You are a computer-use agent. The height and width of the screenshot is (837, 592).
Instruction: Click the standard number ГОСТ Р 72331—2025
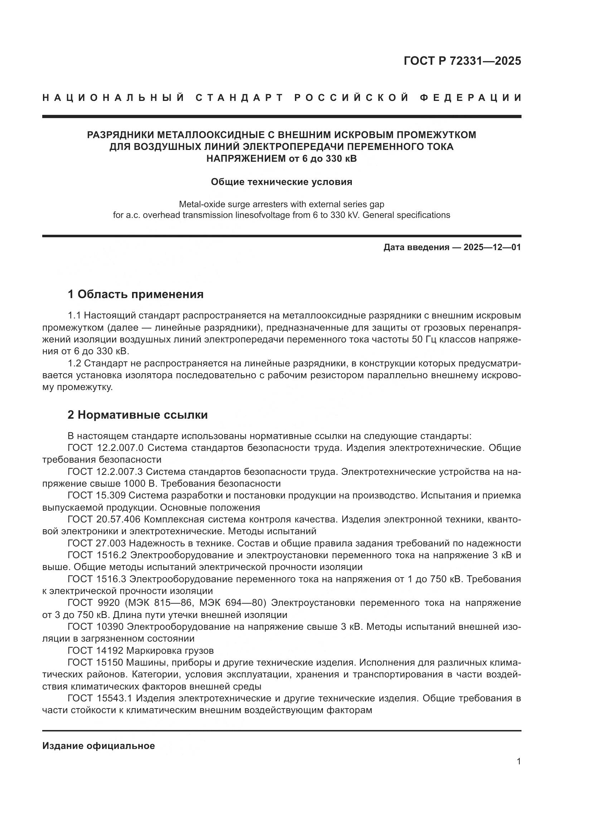(462, 61)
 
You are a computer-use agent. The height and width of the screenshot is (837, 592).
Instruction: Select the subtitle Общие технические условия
(281, 182)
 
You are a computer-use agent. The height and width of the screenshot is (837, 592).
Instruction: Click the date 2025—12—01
(492, 248)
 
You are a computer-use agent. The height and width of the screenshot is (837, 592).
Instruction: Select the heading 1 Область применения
(136, 294)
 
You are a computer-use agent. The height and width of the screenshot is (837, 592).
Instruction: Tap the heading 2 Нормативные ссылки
(137, 415)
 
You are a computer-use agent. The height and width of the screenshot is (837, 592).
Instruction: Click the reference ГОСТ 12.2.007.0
(106, 448)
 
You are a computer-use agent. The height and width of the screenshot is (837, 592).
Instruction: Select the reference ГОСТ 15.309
(97, 495)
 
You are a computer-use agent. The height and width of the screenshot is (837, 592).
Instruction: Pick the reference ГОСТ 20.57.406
(103, 519)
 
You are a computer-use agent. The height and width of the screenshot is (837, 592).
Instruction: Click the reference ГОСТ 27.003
(97, 543)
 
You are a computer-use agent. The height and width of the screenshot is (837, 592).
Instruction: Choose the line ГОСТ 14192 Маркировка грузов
(140, 651)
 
